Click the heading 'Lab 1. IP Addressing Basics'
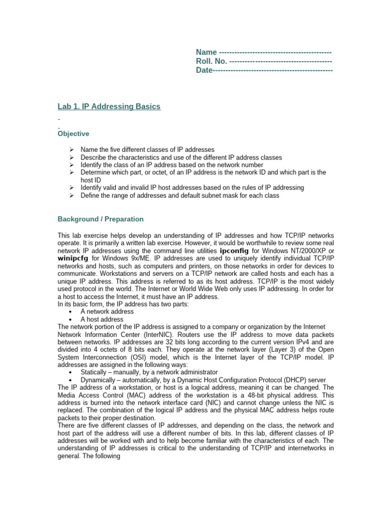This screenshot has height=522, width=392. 109,107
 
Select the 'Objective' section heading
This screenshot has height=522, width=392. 73,134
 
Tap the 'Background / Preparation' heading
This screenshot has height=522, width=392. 101,219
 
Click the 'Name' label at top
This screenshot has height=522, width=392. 207,53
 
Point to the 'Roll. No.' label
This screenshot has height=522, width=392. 212,61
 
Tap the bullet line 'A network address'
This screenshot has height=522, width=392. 107,311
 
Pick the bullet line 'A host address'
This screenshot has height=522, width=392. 102,319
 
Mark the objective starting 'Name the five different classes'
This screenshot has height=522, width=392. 148,150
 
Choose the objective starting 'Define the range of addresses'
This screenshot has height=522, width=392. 180,196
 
